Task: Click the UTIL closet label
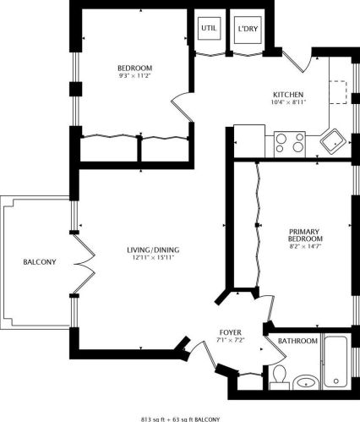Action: coord(209,29)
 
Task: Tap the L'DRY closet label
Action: coord(247,29)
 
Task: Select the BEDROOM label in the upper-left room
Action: coord(134,68)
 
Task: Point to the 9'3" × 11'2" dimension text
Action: coord(134,76)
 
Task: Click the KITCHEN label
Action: coord(287,94)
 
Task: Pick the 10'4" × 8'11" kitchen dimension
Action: coord(287,102)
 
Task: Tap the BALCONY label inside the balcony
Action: coord(39,262)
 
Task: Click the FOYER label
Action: coord(231,332)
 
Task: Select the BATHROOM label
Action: coord(298,341)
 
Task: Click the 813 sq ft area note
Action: coord(180,418)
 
